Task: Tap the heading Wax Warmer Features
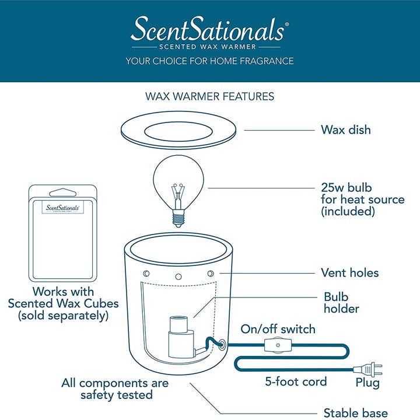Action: (x=209, y=95)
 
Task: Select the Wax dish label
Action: (x=345, y=129)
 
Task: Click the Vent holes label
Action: (x=349, y=272)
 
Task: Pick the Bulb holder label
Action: (x=341, y=302)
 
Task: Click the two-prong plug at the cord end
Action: (x=373, y=369)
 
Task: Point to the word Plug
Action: (x=367, y=383)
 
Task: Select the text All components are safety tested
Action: (x=115, y=389)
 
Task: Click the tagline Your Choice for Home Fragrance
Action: (x=209, y=61)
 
